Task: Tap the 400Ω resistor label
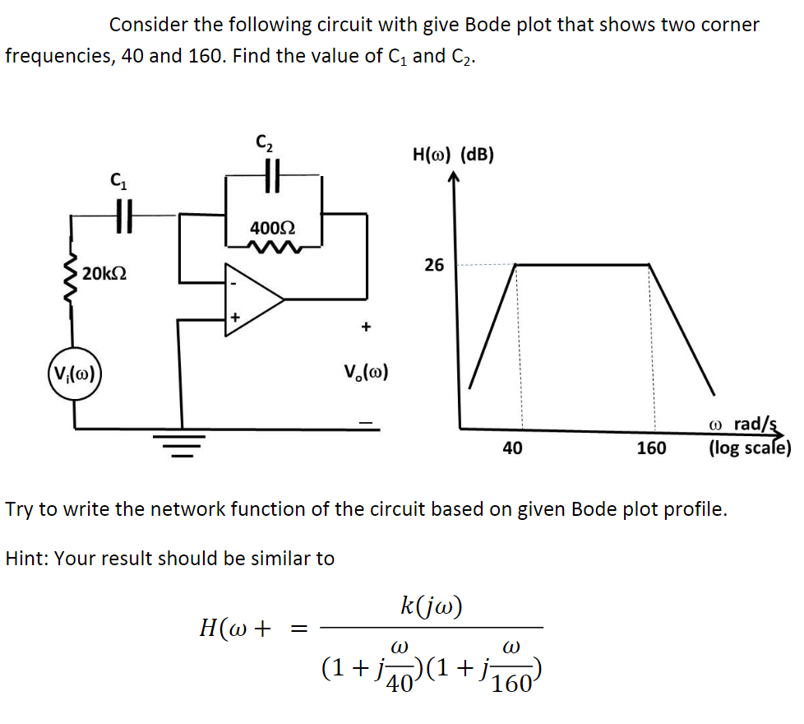point(272,225)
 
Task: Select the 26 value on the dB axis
point(434,265)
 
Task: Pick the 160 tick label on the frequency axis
point(651,448)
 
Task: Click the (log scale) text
point(749,448)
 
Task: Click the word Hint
point(25,559)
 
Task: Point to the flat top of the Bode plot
point(582,264)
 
